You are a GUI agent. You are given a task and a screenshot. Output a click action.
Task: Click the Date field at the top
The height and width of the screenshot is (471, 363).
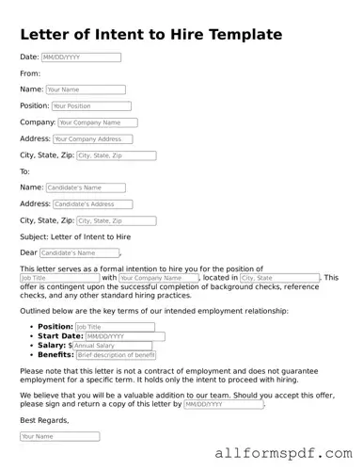pyautogui.click(x=81, y=57)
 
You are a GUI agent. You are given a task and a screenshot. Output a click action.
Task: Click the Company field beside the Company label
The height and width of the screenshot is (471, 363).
pyautogui.click(x=97, y=122)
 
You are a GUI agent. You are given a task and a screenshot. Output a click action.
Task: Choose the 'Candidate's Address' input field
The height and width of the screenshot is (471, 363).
pyautogui.click(x=92, y=203)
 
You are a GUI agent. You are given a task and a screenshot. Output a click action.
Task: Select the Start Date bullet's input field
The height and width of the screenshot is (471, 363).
pyautogui.click(x=124, y=336)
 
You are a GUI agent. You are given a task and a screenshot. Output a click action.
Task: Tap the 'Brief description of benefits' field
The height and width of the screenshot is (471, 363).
pyautogui.click(x=116, y=355)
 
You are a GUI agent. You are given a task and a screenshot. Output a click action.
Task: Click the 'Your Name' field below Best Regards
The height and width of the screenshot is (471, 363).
pyautogui.click(x=59, y=436)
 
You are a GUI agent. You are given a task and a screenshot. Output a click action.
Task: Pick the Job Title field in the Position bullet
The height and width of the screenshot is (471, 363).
pyautogui.click(x=115, y=327)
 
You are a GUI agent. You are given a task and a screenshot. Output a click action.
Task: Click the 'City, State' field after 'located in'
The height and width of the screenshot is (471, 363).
pyautogui.click(x=279, y=278)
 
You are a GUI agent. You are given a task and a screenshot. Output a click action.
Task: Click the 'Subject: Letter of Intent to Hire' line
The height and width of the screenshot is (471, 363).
pyautogui.click(x=75, y=236)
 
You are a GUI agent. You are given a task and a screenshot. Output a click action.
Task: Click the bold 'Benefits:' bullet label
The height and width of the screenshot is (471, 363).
pyautogui.click(x=55, y=355)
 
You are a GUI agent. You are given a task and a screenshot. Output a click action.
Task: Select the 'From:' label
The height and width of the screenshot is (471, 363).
pyautogui.click(x=30, y=73)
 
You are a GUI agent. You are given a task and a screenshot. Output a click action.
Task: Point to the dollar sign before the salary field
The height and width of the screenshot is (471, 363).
pyautogui.click(x=70, y=346)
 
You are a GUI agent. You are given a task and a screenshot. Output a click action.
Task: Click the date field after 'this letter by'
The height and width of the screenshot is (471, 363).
pyautogui.click(x=223, y=403)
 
